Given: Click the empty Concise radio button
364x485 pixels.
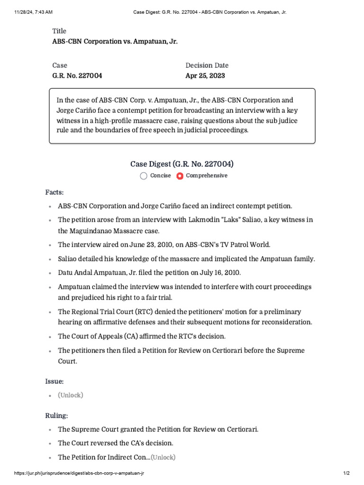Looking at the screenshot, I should point(144,176).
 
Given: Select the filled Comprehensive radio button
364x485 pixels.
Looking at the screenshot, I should point(180,176).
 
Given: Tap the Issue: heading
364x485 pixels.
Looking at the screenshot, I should point(55,381).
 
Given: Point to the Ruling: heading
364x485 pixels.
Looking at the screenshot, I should point(56,415).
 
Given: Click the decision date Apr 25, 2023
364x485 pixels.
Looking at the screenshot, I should point(205,75).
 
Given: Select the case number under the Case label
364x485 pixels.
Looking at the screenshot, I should point(77,75).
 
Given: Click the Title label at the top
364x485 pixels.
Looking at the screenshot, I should point(59,31).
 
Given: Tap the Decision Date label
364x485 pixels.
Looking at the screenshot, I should point(207,65).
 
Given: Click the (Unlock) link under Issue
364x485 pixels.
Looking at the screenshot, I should point(70,395).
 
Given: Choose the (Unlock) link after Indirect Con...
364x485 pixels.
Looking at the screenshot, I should point(163,457).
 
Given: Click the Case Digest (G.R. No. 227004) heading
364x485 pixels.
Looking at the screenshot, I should point(182,164).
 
